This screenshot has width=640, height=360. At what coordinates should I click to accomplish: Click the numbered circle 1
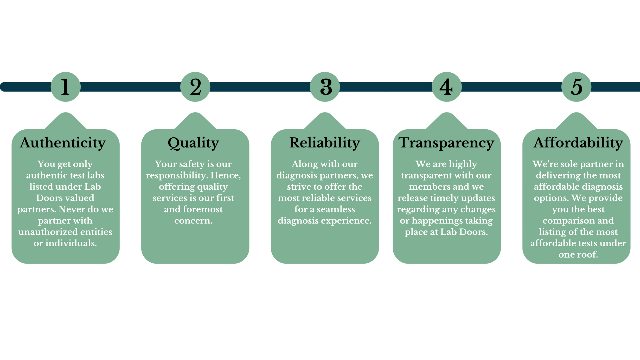tap(65, 87)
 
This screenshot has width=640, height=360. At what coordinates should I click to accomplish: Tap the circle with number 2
tap(195, 87)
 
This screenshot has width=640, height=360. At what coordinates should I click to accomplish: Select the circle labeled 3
tap(325, 87)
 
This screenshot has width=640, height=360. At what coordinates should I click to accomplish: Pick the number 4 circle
tap(447, 87)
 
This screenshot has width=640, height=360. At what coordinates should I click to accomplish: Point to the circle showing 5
tap(576, 87)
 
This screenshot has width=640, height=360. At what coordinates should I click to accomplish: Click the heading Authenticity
tap(63, 143)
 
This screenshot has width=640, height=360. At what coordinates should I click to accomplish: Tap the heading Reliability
tap(325, 143)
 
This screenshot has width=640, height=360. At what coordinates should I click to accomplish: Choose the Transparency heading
tap(446, 143)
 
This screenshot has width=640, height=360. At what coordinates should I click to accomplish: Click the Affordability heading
tap(578, 143)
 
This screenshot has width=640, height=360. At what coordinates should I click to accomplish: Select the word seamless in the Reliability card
tap(336, 209)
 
